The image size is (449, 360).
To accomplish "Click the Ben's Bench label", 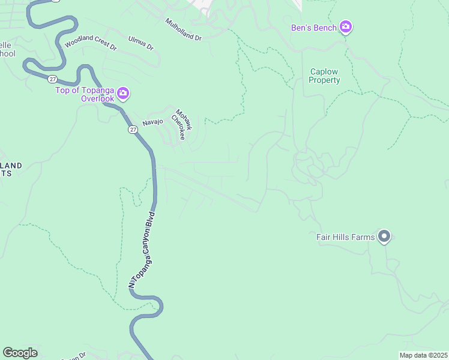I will pyautogui.click(x=313, y=27).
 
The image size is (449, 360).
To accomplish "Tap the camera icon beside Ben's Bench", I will pyautogui.click(x=345, y=27).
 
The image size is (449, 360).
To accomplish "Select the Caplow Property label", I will pyautogui.click(x=325, y=76).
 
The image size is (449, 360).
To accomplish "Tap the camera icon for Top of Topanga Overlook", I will pyautogui.click(x=124, y=93).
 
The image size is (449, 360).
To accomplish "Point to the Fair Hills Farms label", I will pyautogui.click(x=345, y=237).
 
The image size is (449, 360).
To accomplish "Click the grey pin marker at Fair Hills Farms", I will pyautogui.click(x=385, y=236).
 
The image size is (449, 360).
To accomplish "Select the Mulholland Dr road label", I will pyautogui.click(x=183, y=29).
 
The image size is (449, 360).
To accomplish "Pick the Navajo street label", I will pyautogui.click(x=153, y=122).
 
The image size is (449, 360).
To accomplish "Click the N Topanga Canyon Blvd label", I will pyautogui.click(x=142, y=248).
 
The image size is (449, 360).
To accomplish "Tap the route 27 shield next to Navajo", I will pyautogui.click(x=132, y=130).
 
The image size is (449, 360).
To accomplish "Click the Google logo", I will pyautogui.click(x=20, y=352).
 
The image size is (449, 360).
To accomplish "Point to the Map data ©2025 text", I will pyautogui.click(x=423, y=355).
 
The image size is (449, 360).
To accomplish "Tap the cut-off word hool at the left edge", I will pyautogui.click(x=7, y=53).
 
